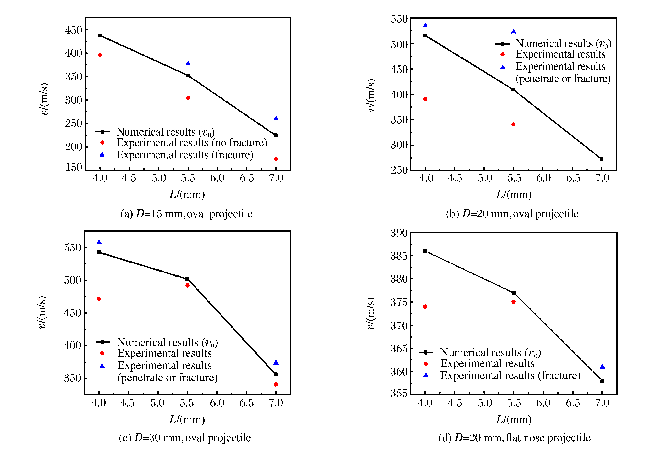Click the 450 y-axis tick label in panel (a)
[x=74, y=30]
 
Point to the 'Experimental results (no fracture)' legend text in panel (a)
[x=192, y=143]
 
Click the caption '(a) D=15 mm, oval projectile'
[x=186, y=214]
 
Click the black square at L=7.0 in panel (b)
[x=602, y=159]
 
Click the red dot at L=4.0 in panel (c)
[x=99, y=299]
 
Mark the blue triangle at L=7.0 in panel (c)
[x=276, y=362]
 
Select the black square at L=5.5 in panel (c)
[x=187, y=279]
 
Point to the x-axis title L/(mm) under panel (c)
[x=187, y=420]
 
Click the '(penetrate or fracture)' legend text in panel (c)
[x=168, y=377]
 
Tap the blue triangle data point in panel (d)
[x=602, y=366]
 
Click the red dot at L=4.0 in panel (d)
[x=425, y=306]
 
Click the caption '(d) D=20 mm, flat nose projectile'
[x=514, y=438]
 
